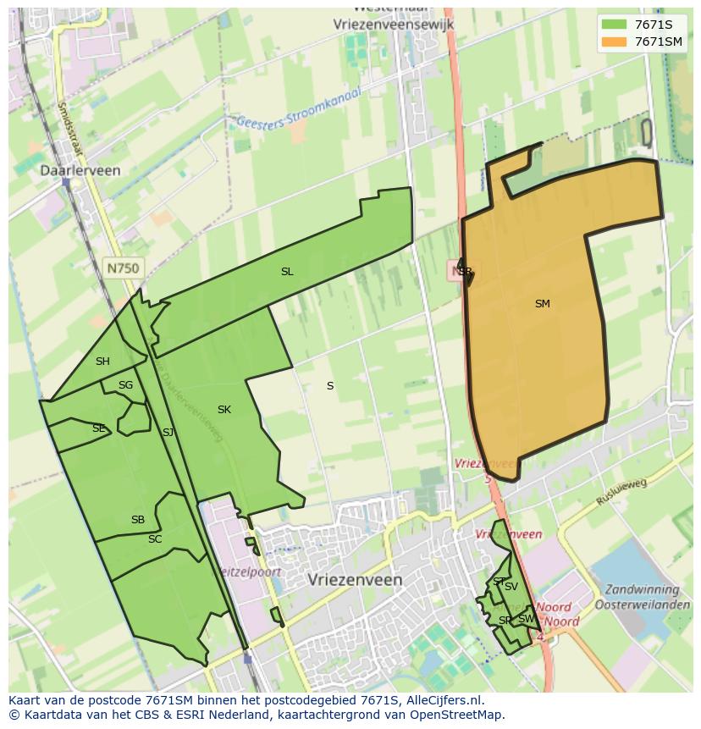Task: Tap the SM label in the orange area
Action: point(543,303)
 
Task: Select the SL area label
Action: point(287,272)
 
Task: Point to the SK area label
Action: point(224,410)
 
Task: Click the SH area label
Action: point(102,362)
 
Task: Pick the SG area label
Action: point(125,385)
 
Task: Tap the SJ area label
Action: point(168,433)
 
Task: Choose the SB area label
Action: point(138,520)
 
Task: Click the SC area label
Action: point(155,539)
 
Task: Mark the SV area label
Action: point(511,587)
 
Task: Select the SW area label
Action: point(526,619)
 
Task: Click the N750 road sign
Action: point(124,268)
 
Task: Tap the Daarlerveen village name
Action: point(80,170)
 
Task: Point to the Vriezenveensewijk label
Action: point(394,25)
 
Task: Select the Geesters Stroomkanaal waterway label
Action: point(298,110)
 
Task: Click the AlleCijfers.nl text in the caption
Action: point(444,701)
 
